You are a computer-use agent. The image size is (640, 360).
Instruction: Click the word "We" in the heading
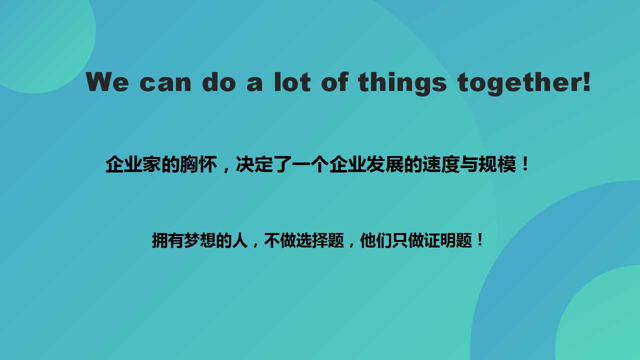point(107,82)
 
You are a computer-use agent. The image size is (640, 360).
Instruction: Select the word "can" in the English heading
point(165,83)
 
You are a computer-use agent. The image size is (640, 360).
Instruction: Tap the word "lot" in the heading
point(292,82)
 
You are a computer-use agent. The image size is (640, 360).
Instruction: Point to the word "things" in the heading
point(402,84)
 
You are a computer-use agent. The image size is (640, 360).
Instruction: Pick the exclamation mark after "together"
point(586,82)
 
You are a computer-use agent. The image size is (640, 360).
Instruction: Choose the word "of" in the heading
point(334,82)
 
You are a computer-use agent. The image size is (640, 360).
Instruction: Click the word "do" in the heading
point(219,82)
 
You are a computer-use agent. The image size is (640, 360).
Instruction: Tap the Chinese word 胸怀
point(198,164)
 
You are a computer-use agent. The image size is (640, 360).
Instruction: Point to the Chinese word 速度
point(441,164)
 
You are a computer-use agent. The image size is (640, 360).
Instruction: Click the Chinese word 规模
point(497,164)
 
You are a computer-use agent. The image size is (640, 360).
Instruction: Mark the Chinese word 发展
point(385,164)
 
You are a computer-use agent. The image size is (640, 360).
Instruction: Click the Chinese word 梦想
point(199,240)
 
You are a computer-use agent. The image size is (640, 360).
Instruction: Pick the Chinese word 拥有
point(167,240)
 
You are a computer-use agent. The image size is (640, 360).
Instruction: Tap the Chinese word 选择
point(312,240)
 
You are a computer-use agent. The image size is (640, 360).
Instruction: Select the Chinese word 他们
point(376,240)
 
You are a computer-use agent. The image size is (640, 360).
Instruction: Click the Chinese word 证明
point(440,240)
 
